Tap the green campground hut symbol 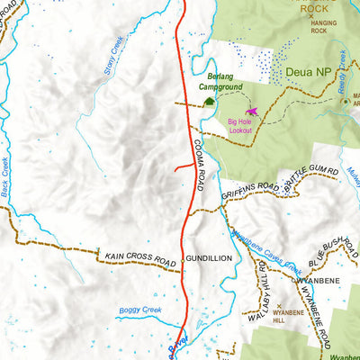click(210, 102)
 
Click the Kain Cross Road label click(139, 258)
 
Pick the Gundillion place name click(209, 258)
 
